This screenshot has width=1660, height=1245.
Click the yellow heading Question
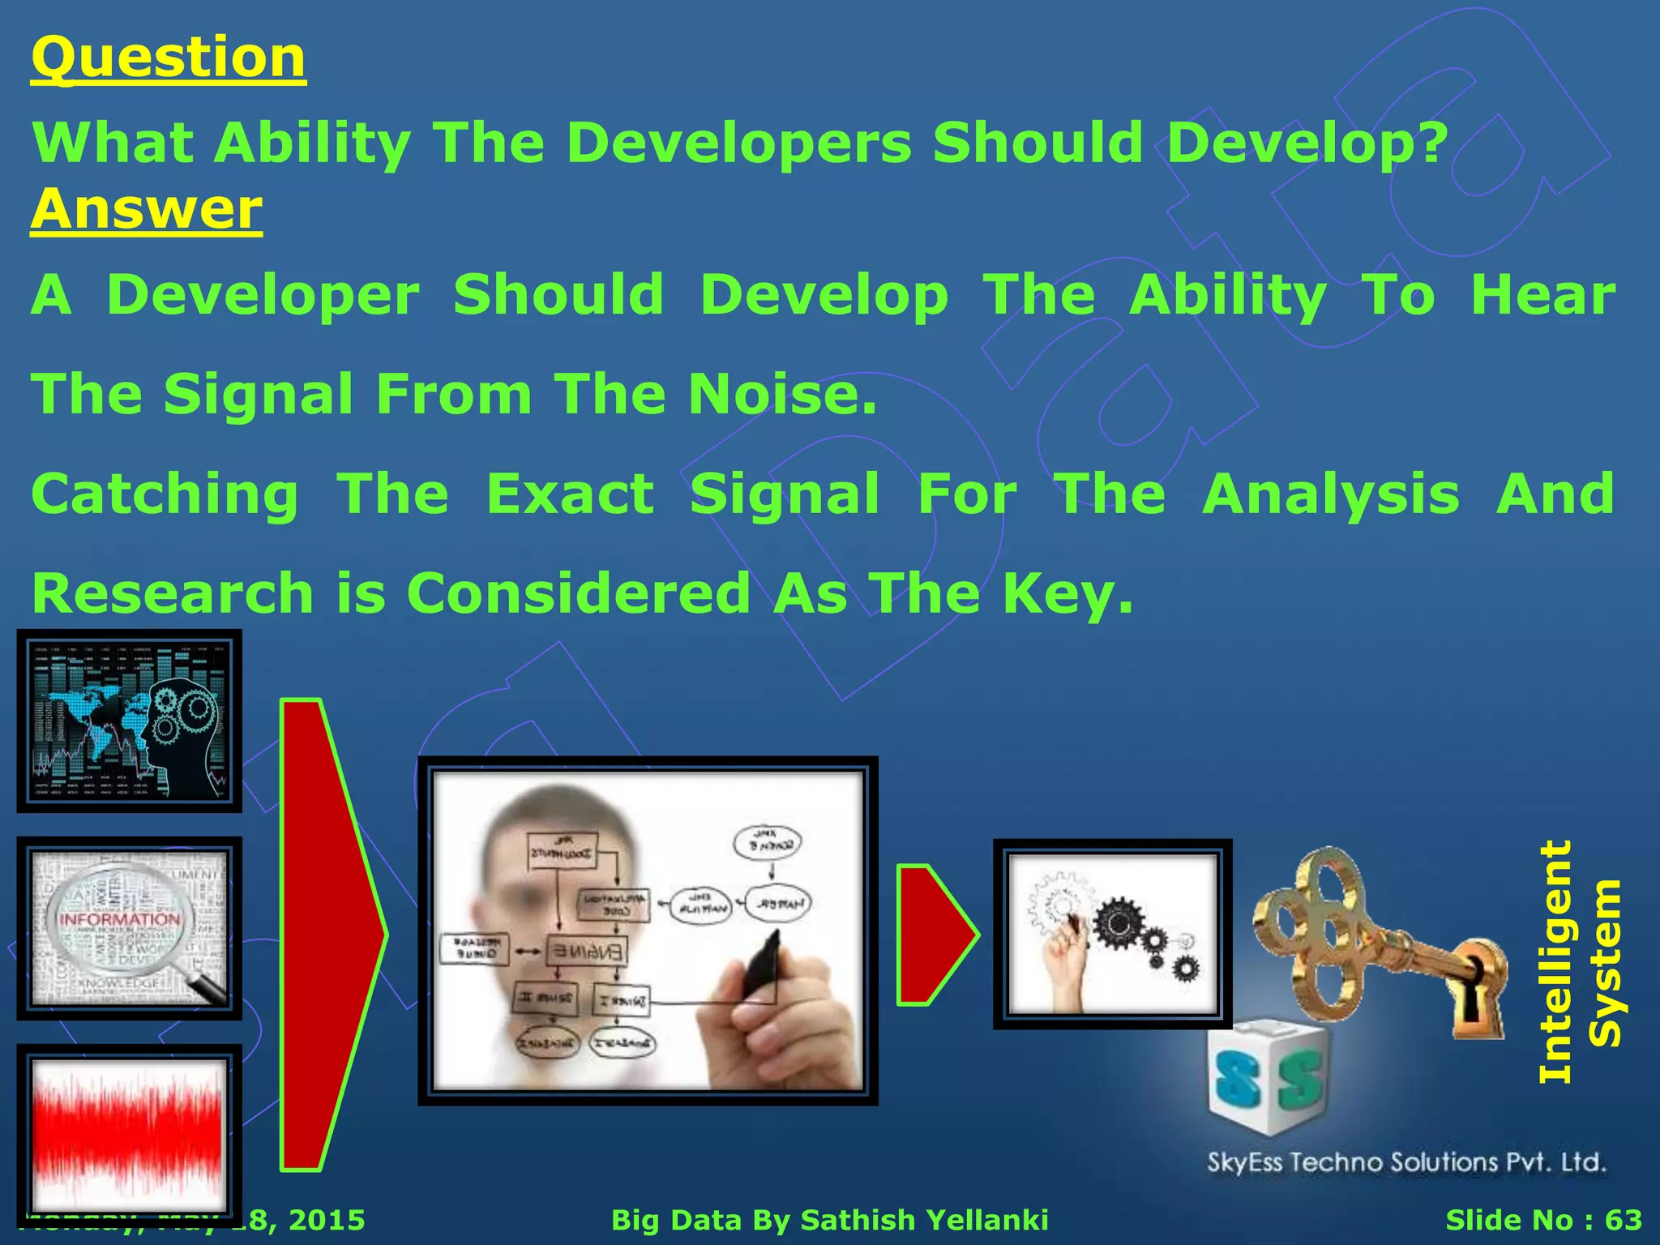pyautogui.click(x=168, y=58)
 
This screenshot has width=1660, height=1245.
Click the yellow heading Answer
pyautogui.click(x=147, y=210)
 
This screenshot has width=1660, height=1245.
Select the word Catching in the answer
pyautogui.click(x=165, y=495)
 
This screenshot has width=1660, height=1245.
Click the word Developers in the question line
pyautogui.click(x=738, y=143)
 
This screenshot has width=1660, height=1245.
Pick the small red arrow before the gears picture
pyautogui.click(x=932, y=935)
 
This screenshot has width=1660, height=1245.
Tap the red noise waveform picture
pyautogui.click(x=129, y=1135)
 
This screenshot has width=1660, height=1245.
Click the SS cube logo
pyautogui.click(x=1269, y=1078)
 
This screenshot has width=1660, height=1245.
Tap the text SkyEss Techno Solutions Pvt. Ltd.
pyautogui.click(x=1406, y=1162)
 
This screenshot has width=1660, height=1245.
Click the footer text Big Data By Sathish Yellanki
pyautogui.click(x=829, y=1220)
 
